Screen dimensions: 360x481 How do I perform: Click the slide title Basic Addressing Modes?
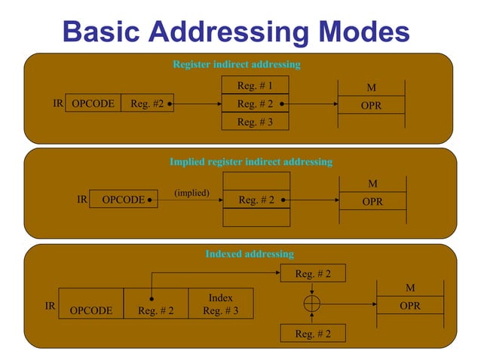(x=236, y=32)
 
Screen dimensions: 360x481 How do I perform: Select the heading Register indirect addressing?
(x=236, y=65)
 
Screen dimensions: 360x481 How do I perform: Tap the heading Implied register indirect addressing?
(x=250, y=162)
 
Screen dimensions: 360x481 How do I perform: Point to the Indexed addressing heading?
(x=250, y=254)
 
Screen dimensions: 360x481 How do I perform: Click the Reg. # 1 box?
(x=255, y=86)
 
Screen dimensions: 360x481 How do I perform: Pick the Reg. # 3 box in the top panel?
(x=255, y=121)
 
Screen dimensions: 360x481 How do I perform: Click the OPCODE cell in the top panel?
(x=93, y=105)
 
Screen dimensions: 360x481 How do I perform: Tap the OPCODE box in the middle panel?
(x=123, y=200)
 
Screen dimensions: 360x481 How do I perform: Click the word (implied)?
(x=191, y=193)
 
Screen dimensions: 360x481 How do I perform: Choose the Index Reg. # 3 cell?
(x=220, y=304)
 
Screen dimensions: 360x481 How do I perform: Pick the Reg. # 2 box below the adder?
(x=312, y=334)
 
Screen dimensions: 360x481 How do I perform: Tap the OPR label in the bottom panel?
(x=410, y=307)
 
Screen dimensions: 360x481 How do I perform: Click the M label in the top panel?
(x=371, y=88)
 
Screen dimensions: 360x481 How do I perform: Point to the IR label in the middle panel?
(x=82, y=200)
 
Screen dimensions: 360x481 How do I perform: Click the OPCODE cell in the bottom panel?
(x=90, y=310)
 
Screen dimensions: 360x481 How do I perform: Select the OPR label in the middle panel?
(x=372, y=202)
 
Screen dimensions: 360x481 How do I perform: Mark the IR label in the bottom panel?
(x=50, y=306)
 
